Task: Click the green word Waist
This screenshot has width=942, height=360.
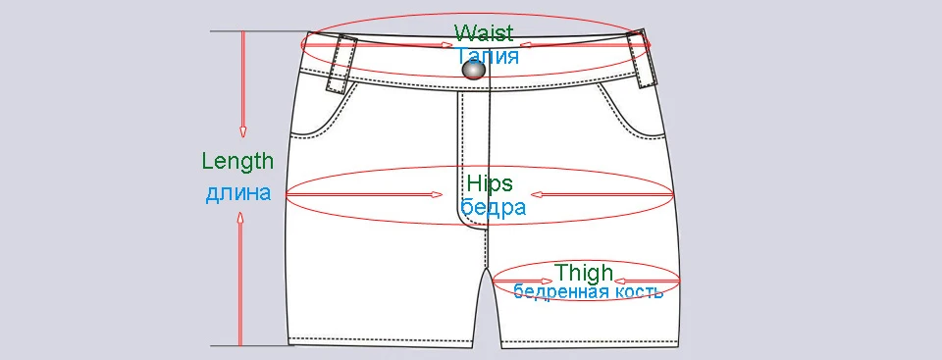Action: click(485, 32)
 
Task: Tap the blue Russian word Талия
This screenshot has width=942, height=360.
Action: click(488, 56)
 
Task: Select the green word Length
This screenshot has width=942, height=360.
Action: click(237, 161)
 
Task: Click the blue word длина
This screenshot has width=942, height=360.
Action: click(237, 193)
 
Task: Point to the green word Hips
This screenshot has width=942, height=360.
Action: click(490, 183)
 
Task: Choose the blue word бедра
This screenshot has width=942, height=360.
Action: click(493, 207)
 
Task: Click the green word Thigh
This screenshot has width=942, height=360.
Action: click(584, 273)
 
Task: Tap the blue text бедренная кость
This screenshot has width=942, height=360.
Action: click(588, 291)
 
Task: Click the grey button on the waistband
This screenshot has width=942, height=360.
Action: click(475, 71)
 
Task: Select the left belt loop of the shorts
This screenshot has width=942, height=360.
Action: click(341, 64)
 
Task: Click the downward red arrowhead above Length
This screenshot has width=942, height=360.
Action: click(242, 131)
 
